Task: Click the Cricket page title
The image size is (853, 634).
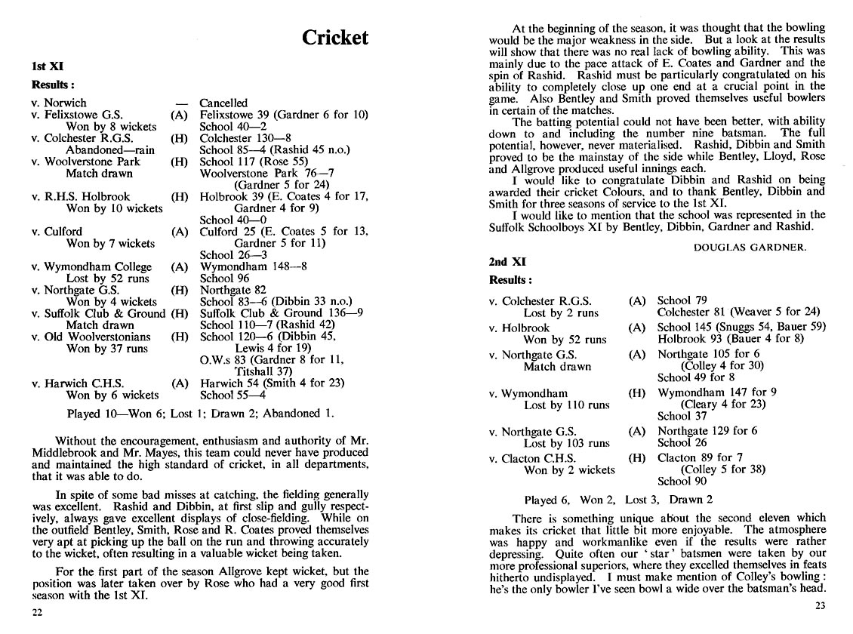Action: pyautogui.click(x=334, y=38)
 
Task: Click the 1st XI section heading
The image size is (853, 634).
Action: pyautogui.click(x=47, y=66)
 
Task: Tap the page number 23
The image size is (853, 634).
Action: pyautogui.click(x=820, y=605)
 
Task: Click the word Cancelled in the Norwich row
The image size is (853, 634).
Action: pyautogui.click(x=223, y=103)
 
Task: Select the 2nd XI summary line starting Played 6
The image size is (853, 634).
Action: pyautogui.click(x=618, y=500)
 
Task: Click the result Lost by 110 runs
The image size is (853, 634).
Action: pyautogui.click(x=566, y=405)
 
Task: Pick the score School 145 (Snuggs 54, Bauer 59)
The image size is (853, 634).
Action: pyautogui.click(x=741, y=327)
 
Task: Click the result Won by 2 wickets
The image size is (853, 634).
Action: pyautogui.click(x=569, y=470)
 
